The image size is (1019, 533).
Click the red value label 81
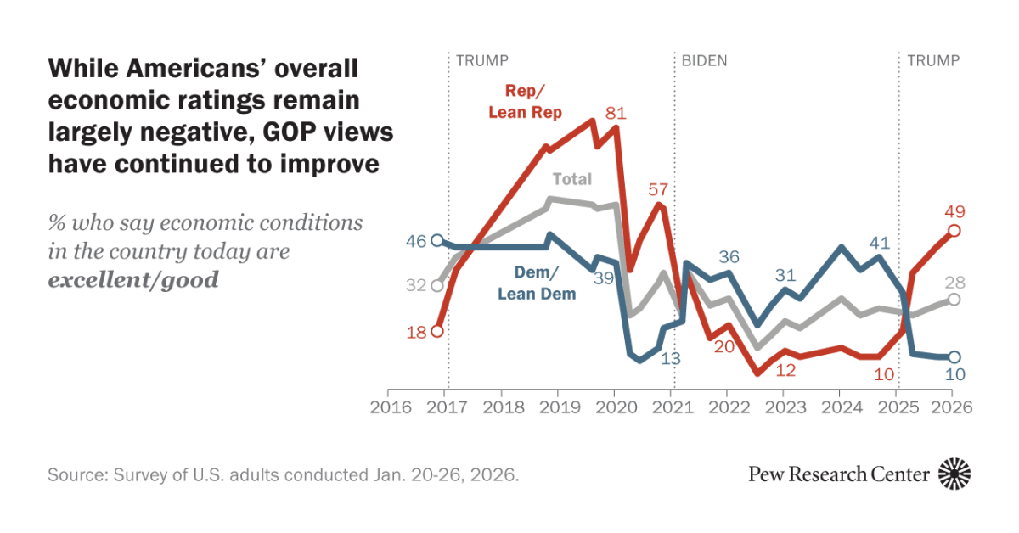click(x=616, y=112)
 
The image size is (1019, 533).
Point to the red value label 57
click(x=658, y=188)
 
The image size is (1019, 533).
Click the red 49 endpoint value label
click(x=954, y=211)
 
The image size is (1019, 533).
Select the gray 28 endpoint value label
click(x=954, y=283)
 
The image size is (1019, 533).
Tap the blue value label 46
click(x=415, y=241)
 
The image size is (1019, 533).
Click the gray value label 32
click(x=415, y=286)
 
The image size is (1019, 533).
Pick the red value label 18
click(x=415, y=331)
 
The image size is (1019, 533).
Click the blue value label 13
click(x=671, y=358)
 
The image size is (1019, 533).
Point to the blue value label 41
click(x=880, y=242)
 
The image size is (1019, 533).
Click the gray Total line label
click(x=571, y=179)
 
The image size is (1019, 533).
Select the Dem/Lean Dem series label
click(x=537, y=283)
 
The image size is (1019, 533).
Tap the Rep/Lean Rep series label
click(x=526, y=102)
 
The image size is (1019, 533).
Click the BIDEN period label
click(x=704, y=61)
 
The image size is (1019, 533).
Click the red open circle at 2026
click(x=954, y=231)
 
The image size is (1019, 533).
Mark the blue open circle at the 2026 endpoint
click(x=954, y=357)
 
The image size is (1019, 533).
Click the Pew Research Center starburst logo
click(x=954, y=474)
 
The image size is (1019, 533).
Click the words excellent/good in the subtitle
click(x=133, y=279)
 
